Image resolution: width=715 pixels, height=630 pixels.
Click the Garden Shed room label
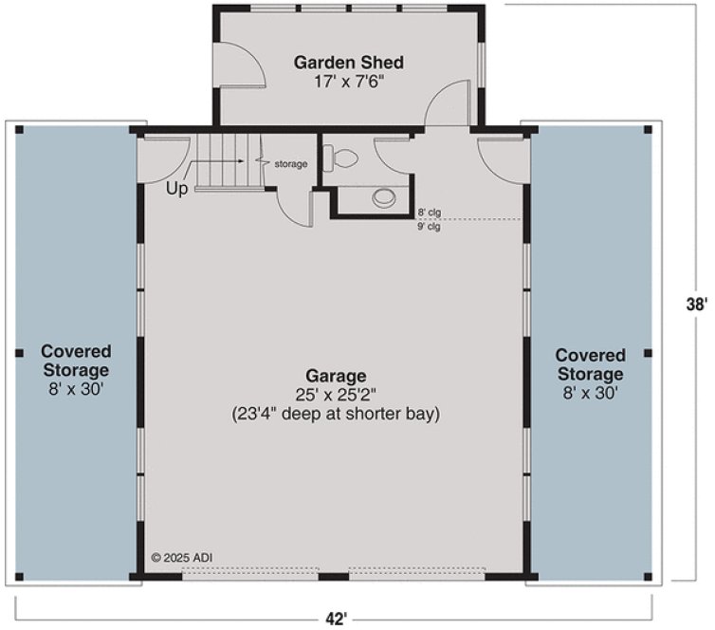coord(348,63)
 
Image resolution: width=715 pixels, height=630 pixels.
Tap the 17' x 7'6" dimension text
coord(348,82)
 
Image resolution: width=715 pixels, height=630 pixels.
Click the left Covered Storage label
coord(76,361)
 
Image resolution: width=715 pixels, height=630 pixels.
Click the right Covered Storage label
coord(591,364)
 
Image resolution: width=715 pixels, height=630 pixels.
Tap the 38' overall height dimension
coord(697,305)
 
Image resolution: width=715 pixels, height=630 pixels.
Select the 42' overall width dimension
coord(334,619)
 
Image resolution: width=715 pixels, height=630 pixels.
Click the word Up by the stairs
coord(177,189)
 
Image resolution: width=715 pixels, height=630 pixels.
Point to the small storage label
coord(291,164)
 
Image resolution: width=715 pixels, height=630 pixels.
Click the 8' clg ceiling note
coord(429,213)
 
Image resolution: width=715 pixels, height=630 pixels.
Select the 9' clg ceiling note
coord(429,227)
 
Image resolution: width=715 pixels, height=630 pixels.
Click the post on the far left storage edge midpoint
coord(19,353)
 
